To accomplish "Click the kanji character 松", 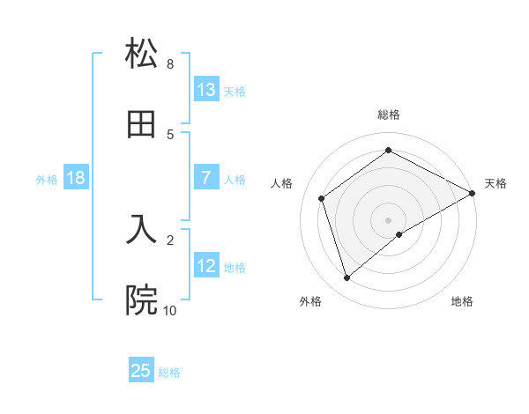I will tap(142, 54).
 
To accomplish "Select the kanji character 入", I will tap(142, 229).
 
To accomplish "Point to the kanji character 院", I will tap(142, 300).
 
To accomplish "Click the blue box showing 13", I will tap(206, 90).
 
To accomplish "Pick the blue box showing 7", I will tap(206, 178).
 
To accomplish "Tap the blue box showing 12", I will tap(206, 266).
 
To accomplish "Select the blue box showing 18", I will tap(76, 178).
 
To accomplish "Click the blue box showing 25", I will tap(141, 371).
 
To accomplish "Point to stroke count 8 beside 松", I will tap(170, 64).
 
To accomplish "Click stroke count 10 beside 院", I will tap(169, 310).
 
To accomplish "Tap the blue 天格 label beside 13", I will tap(235, 91).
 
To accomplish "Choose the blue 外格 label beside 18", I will tap(47, 179).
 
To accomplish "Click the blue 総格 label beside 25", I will tap(169, 372).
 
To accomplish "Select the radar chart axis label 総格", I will tap(389, 115).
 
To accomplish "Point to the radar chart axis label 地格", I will tap(462, 301).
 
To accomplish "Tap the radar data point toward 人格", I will tap(322, 198).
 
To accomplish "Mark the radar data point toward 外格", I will tap(346, 278).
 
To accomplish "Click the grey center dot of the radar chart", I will tap(389, 219).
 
